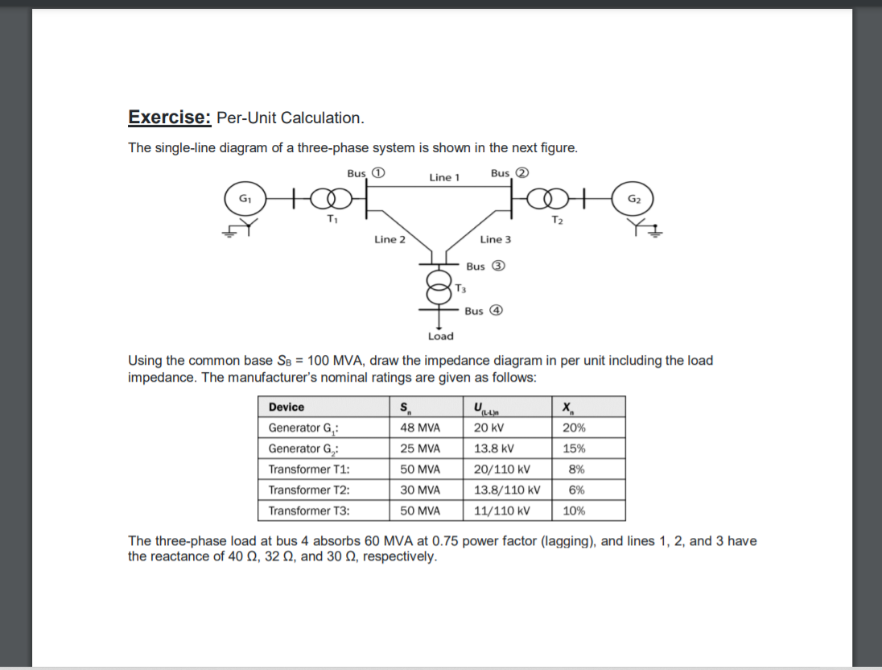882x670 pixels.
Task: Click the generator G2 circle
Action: point(633,198)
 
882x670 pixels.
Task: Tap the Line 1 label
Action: point(444,177)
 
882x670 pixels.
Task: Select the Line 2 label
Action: point(389,239)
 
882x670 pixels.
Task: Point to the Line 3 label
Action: point(495,239)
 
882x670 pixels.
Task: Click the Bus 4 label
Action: point(484,311)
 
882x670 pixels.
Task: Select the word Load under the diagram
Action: point(440,336)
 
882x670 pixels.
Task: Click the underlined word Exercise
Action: point(169,118)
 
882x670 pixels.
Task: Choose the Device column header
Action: point(286,407)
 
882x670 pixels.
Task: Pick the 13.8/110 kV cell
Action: point(507,490)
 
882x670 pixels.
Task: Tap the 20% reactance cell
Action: point(574,428)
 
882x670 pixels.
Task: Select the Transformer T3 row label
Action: point(309,511)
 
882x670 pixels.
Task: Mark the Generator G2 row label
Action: point(303,449)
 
